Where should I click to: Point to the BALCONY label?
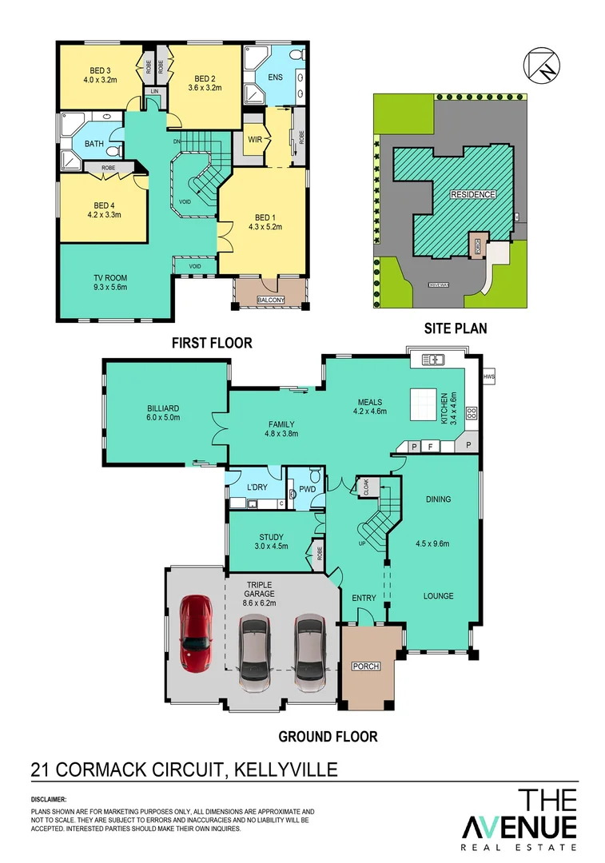(271, 300)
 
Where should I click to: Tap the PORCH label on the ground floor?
(367, 666)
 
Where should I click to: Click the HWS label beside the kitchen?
(489, 376)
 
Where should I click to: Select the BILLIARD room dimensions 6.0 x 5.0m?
(163, 416)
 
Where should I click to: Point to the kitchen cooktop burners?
(471, 413)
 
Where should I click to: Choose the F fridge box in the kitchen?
(430, 446)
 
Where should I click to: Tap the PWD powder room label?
(307, 490)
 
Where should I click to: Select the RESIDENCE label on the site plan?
(473, 194)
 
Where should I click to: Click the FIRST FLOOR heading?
(212, 343)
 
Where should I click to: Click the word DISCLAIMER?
(50, 799)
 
